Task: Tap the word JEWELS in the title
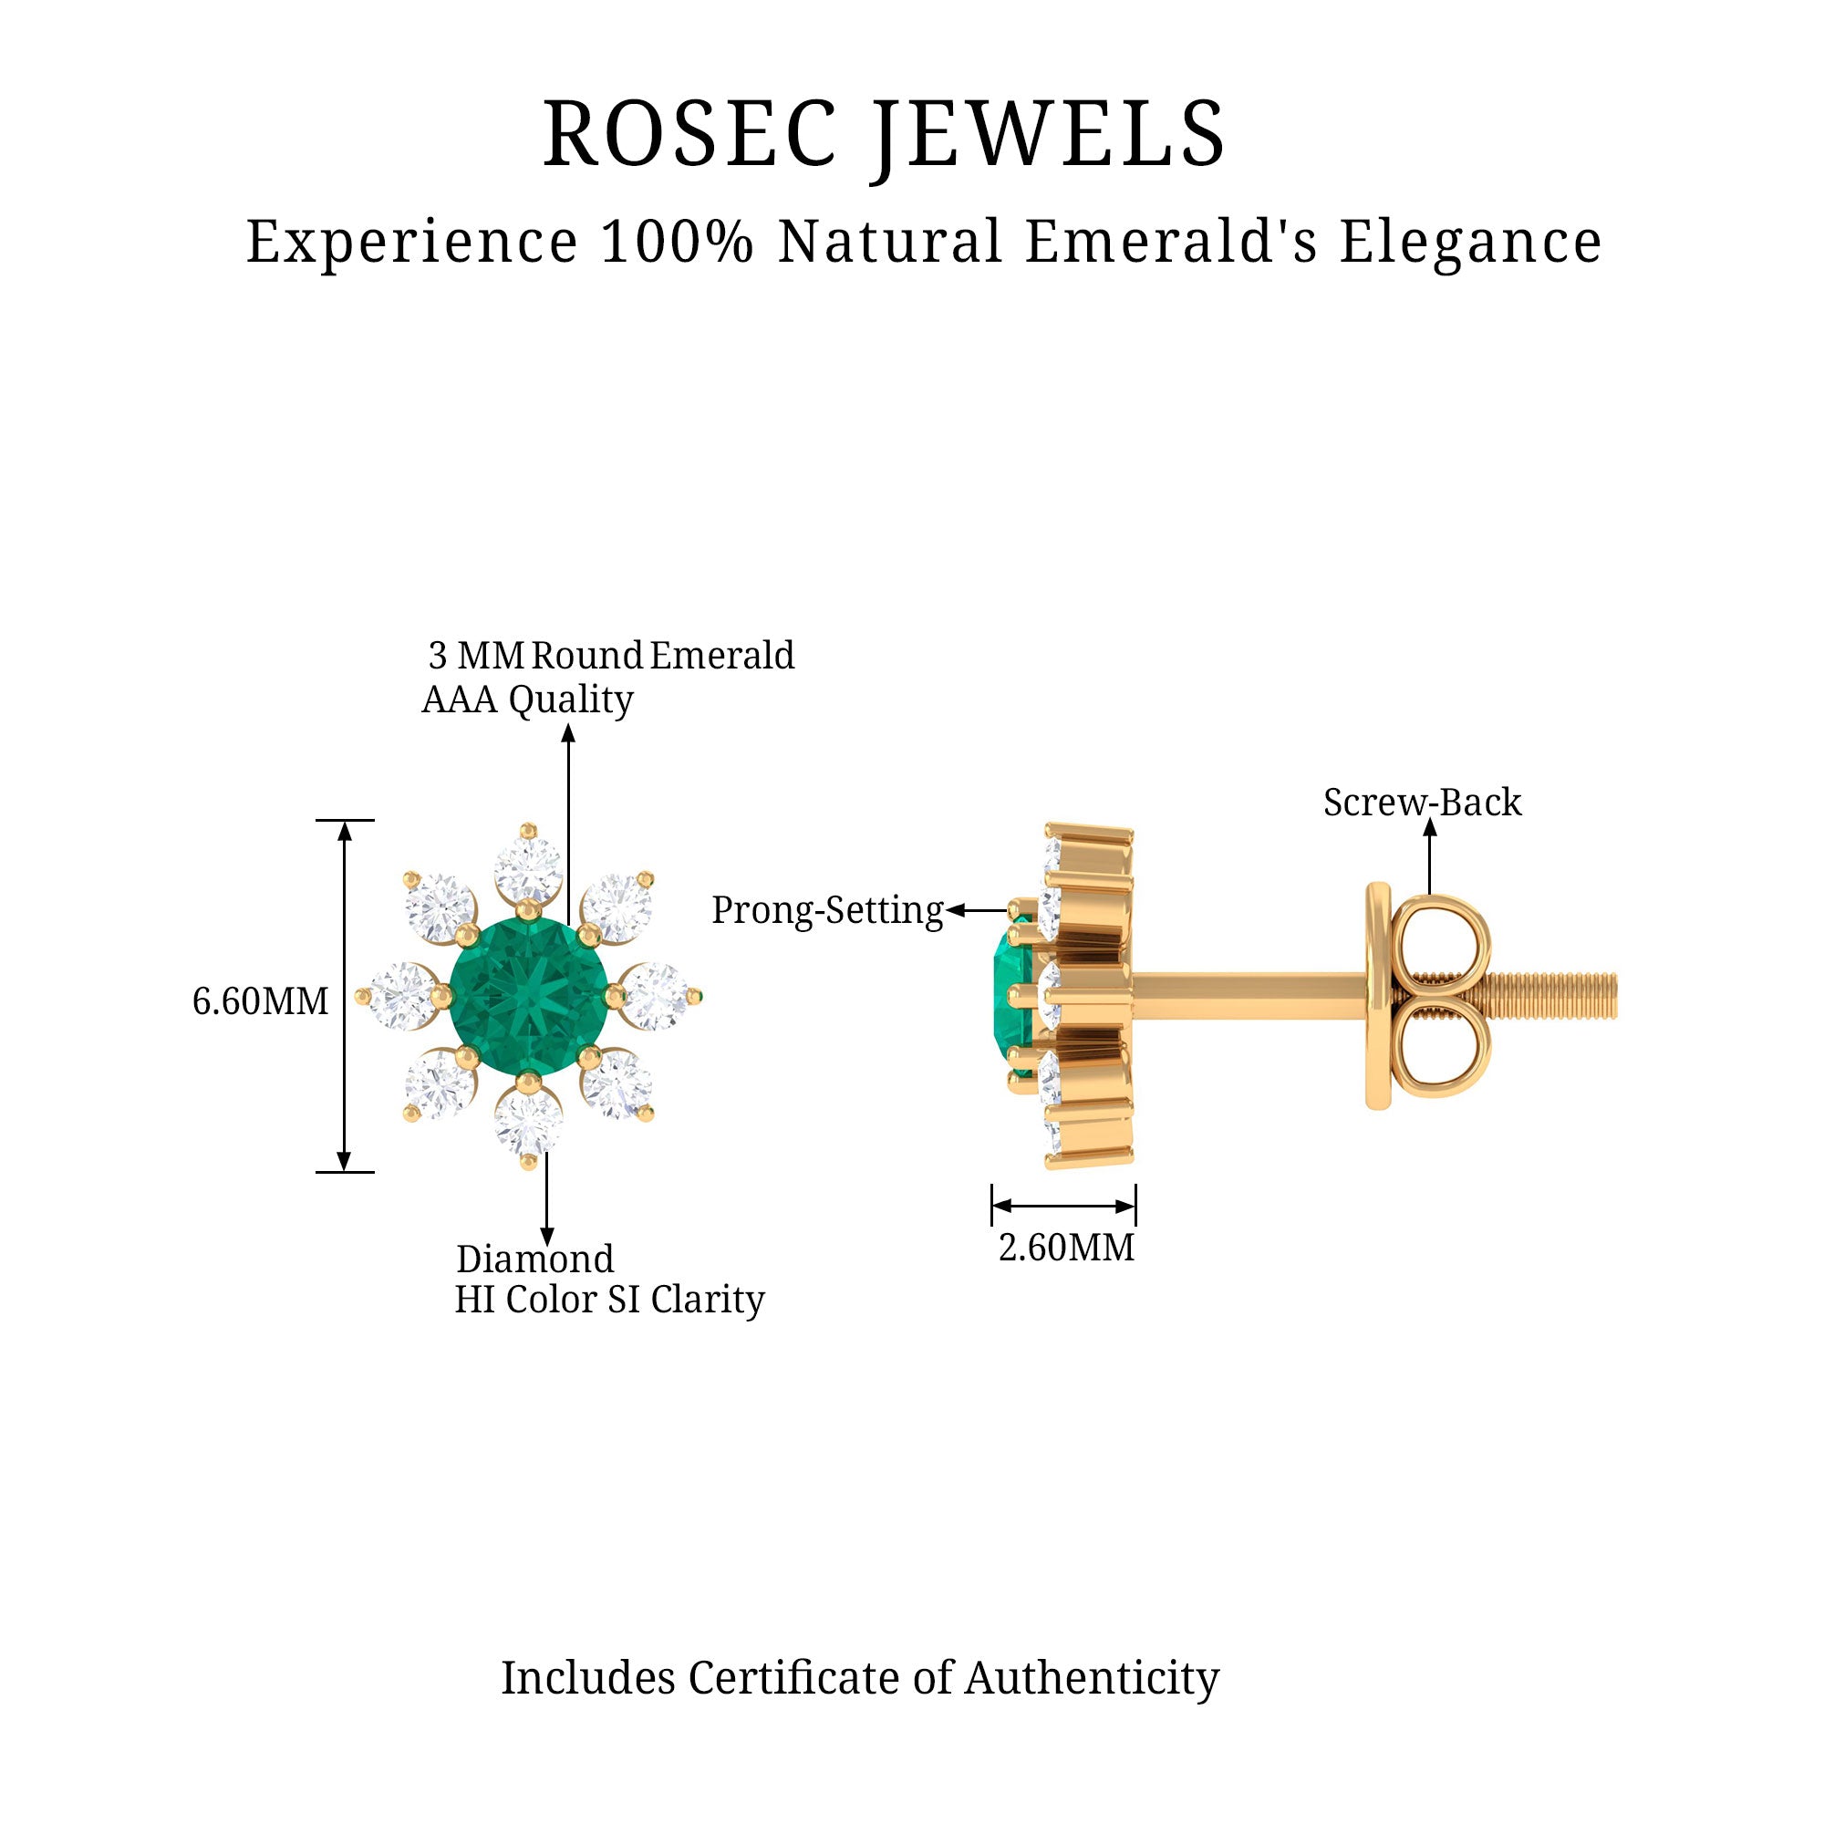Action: [x=1050, y=134]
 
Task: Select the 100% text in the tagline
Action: [x=677, y=242]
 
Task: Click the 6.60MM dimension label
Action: [x=261, y=1001]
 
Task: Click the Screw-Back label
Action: [x=1422, y=803]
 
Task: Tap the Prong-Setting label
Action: [x=827, y=910]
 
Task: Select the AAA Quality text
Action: [x=527, y=700]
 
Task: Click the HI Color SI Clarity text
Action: [x=609, y=1299]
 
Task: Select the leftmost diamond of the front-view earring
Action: [x=401, y=995]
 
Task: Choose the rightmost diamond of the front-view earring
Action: [x=655, y=995]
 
